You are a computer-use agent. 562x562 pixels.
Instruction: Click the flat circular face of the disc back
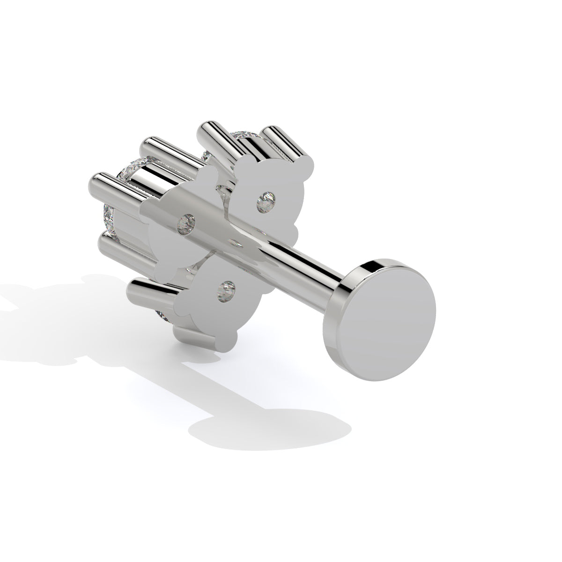391,318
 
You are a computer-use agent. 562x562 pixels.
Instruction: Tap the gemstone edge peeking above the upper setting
248,136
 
